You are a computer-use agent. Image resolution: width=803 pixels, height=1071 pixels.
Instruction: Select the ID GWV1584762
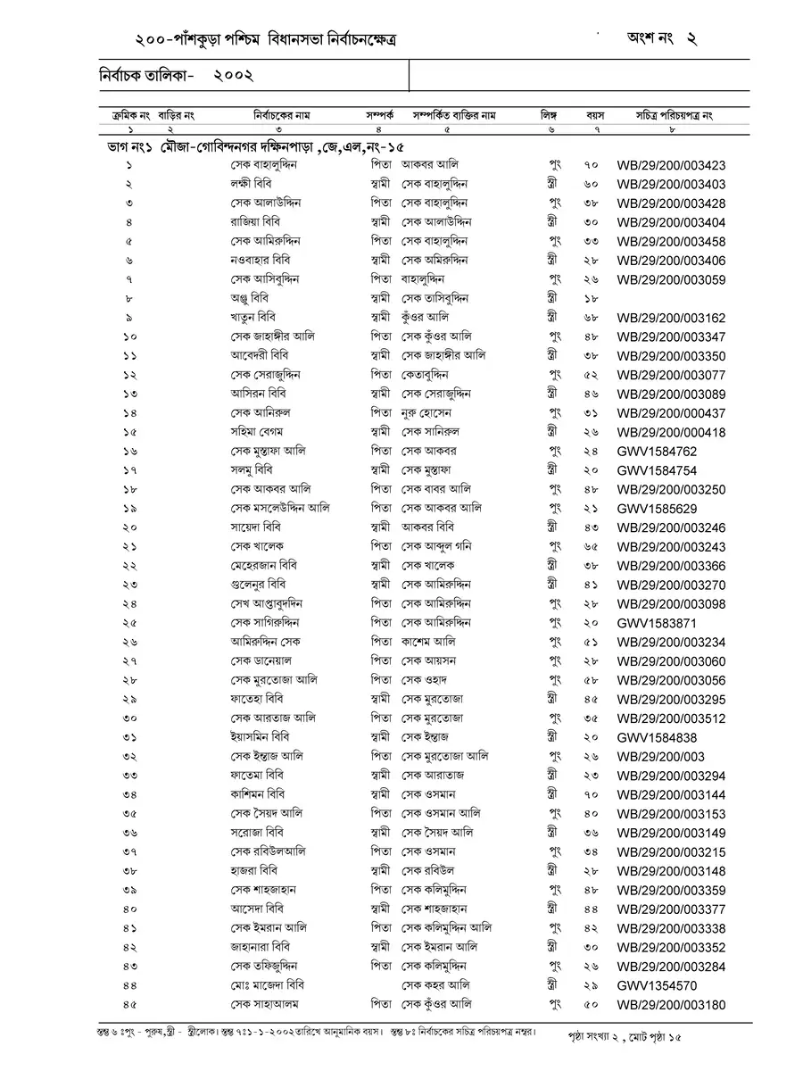click(657, 451)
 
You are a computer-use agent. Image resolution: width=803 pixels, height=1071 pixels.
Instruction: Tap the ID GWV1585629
click(657, 508)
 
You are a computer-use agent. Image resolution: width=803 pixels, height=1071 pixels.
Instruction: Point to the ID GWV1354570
click(657, 985)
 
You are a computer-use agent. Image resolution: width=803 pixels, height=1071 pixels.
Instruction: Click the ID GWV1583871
click(657, 622)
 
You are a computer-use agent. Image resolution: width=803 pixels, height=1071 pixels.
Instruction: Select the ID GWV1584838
click(657, 738)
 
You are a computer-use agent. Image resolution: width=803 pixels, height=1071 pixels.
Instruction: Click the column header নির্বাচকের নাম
click(282, 116)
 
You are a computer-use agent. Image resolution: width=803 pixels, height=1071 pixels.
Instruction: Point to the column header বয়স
click(595, 116)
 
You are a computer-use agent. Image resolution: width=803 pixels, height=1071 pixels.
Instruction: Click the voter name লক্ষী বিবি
click(251, 184)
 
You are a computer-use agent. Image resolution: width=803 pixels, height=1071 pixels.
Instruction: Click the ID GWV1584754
click(657, 470)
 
